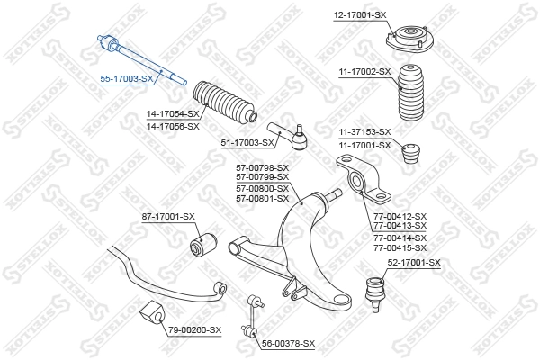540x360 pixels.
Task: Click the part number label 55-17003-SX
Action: tap(127, 79)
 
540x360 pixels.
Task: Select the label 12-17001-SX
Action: tap(359, 15)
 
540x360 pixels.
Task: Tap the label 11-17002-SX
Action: tap(365, 71)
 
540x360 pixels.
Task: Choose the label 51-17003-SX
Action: tap(247, 142)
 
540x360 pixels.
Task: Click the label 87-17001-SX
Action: tap(168, 216)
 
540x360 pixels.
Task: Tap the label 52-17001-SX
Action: tap(414, 262)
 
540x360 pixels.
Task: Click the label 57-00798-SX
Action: tap(262, 168)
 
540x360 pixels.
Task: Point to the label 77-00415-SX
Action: tap(400, 247)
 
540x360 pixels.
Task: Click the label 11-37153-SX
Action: tap(364, 131)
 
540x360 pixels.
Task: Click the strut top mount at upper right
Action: tap(409, 39)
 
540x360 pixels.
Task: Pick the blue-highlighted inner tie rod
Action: tap(139, 58)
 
